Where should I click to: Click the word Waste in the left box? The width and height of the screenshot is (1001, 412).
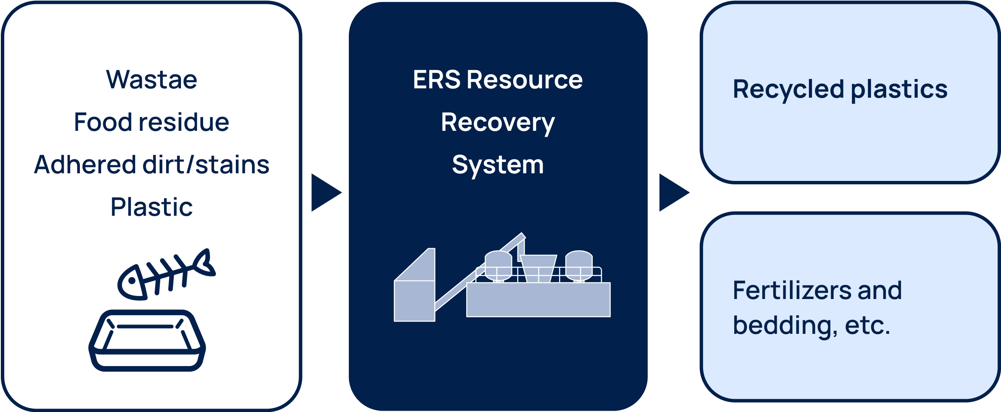[152, 79]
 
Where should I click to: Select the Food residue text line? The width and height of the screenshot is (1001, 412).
[152, 122]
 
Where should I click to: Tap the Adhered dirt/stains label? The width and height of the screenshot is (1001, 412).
[152, 165]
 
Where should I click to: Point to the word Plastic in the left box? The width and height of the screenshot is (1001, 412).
[152, 207]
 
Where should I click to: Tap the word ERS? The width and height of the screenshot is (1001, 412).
[436, 79]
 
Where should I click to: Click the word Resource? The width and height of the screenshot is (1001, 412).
[525, 79]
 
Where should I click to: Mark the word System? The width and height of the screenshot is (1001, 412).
[498, 165]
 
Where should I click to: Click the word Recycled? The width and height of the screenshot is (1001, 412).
[788, 90]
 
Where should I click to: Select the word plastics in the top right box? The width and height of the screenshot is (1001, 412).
[899, 90]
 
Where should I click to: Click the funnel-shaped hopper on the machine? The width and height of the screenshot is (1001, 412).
[538, 268]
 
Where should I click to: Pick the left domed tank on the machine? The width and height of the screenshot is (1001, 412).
[498, 265]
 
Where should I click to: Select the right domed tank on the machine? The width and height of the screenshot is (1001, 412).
[579, 265]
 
